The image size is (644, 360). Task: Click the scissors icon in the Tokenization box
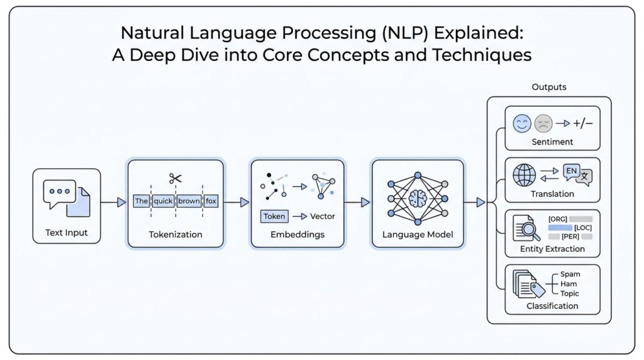(x=175, y=179)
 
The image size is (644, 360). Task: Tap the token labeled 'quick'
(x=163, y=201)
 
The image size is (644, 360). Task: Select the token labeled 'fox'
(x=211, y=201)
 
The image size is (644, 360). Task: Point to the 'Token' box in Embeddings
(x=274, y=216)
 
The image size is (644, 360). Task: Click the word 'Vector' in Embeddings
(x=323, y=216)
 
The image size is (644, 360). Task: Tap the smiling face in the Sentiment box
(x=522, y=123)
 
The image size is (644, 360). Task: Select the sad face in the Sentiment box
(x=543, y=123)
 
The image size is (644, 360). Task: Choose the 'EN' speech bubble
(x=571, y=171)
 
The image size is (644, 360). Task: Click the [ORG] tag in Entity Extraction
(x=558, y=218)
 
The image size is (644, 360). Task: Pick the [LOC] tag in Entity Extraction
(x=583, y=227)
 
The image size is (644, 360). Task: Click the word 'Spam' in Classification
(x=570, y=274)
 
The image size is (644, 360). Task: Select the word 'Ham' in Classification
(x=569, y=284)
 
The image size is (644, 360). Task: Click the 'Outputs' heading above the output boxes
(x=548, y=87)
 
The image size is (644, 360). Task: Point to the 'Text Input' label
(x=67, y=233)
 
